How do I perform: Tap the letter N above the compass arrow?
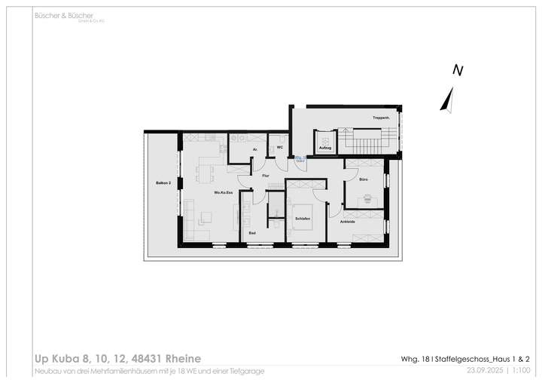coord(457,70)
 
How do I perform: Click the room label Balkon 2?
coord(163,183)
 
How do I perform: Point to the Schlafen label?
coord(303,219)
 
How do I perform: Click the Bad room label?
coord(252,234)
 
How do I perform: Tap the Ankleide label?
coord(347,222)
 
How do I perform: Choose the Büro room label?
coord(363,179)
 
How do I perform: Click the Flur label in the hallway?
coord(265,176)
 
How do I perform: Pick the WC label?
coord(279,148)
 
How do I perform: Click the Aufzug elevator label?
coord(325,149)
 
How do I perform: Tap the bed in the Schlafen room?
coord(303,215)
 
